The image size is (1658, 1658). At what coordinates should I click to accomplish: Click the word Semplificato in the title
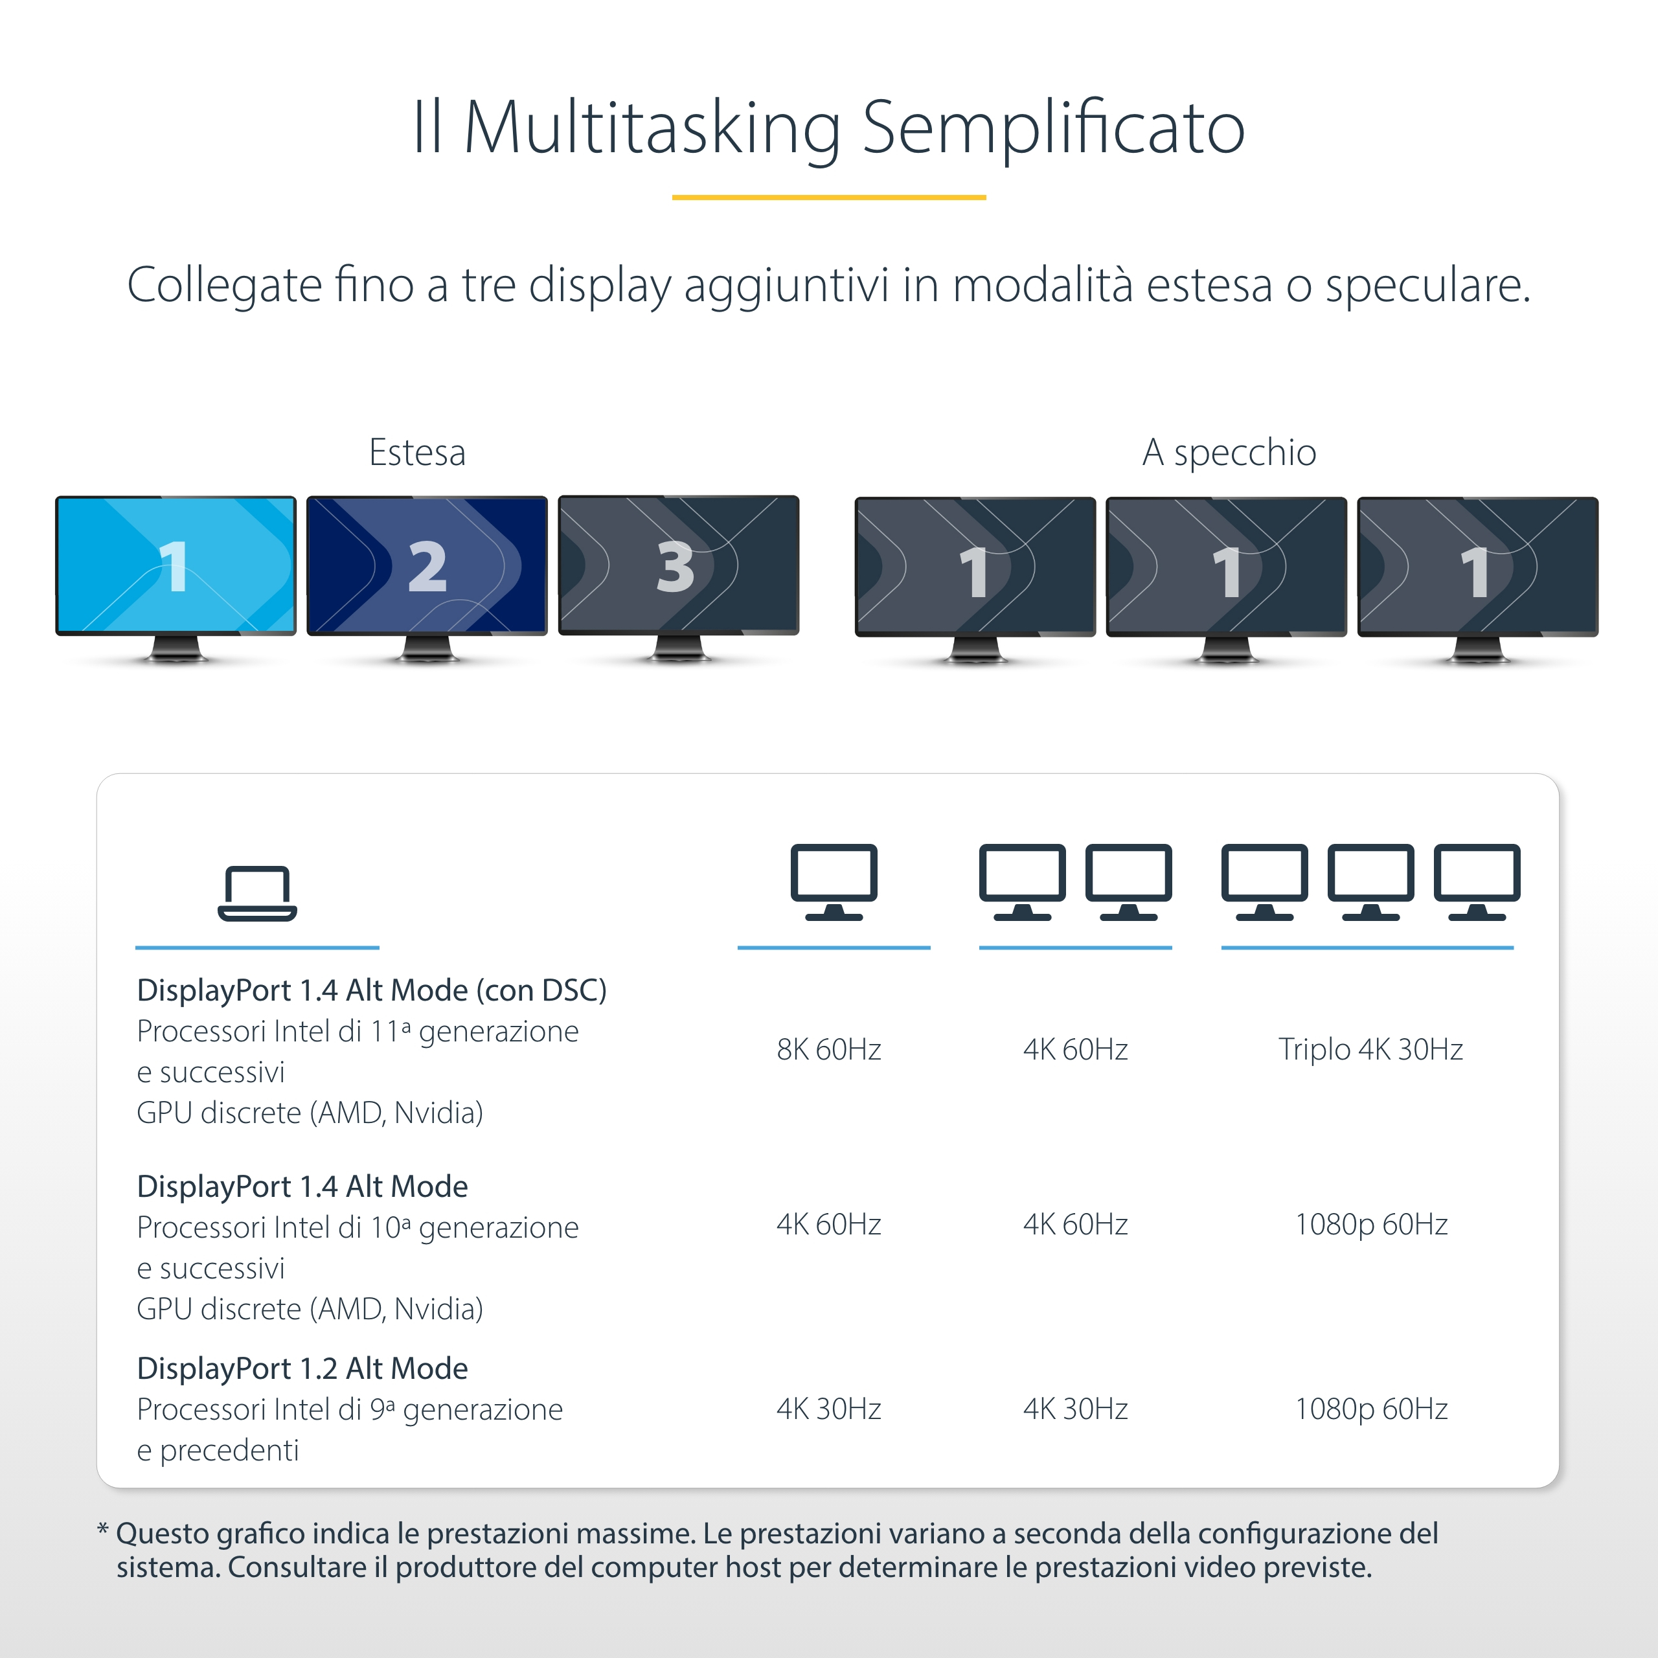(x=1053, y=127)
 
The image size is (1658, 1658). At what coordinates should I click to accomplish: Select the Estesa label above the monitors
(x=417, y=452)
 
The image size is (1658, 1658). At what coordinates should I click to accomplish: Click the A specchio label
(x=1229, y=452)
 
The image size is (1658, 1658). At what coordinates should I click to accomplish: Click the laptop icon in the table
(x=258, y=893)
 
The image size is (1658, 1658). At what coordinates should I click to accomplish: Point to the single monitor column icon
(x=834, y=882)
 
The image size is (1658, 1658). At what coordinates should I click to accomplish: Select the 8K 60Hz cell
(x=829, y=1049)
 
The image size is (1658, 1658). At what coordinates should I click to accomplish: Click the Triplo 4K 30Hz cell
(x=1370, y=1049)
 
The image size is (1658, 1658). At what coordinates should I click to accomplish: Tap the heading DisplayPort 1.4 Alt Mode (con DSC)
(x=372, y=990)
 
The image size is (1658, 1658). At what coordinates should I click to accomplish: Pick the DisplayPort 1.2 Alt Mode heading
(x=302, y=1368)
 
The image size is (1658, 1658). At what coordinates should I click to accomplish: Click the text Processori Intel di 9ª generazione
(x=349, y=1409)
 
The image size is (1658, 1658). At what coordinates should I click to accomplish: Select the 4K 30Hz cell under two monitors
(x=1075, y=1408)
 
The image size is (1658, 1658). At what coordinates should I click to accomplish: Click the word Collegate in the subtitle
(x=225, y=285)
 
